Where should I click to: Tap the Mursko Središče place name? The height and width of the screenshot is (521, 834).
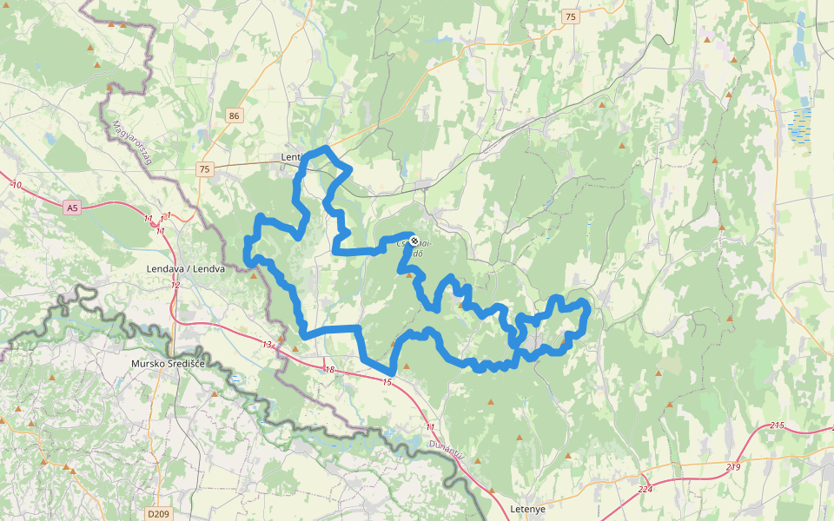(x=167, y=363)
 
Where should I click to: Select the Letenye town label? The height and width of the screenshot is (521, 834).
(x=527, y=509)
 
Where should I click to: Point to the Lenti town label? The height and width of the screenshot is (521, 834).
(x=291, y=157)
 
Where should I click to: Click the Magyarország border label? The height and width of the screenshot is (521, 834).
(x=132, y=144)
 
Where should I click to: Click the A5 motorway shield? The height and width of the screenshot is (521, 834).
(x=72, y=208)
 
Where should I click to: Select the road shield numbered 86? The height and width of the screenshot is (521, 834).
(x=234, y=115)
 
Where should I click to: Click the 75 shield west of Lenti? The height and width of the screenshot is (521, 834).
(x=204, y=168)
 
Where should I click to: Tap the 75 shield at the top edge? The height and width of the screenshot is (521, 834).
(x=570, y=16)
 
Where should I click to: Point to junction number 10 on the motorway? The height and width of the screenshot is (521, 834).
(x=17, y=185)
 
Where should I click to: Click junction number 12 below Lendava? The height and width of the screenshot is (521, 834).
(x=175, y=285)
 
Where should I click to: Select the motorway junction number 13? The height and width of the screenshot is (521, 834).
(x=267, y=346)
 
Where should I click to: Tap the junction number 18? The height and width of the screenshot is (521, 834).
(x=329, y=371)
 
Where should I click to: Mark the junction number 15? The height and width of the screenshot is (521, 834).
(x=387, y=382)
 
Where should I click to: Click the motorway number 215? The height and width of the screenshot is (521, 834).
(x=777, y=425)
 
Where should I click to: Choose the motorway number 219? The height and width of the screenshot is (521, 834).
(x=733, y=467)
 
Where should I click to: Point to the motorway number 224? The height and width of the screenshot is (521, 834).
(x=645, y=489)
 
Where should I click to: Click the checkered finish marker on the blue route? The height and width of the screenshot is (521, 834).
(x=414, y=241)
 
